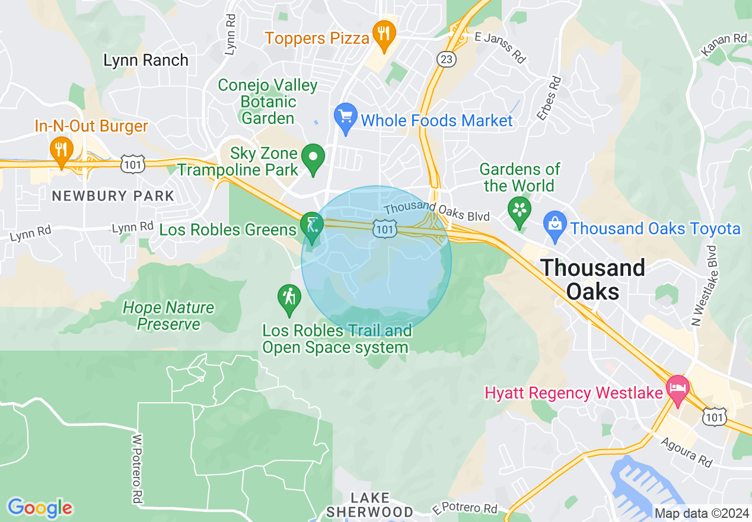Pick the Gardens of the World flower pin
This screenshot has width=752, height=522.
[x=520, y=211]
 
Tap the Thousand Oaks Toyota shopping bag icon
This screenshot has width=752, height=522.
[x=555, y=226]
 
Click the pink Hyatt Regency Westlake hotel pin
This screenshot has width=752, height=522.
[x=678, y=389]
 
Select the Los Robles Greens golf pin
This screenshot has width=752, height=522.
[x=311, y=227]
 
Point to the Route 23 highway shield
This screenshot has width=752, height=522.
[x=445, y=59]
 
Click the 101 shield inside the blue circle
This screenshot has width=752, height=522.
[x=385, y=228]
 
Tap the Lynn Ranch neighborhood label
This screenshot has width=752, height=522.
[x=146, y=61]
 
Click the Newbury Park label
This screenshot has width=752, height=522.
[x=113, y=196]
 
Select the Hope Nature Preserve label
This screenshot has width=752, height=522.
[x=169, y=316]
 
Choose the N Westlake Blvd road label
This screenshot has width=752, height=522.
[x=704, y=285]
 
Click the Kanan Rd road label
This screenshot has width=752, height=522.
[x=724, y=46]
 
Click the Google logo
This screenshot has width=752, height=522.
[x=40, y=507]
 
